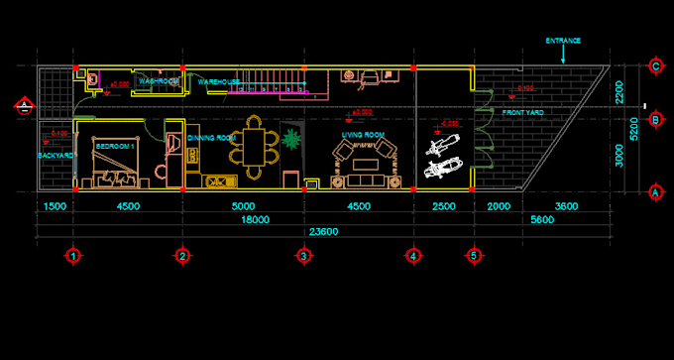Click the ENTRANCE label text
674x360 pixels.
tap(563, 41)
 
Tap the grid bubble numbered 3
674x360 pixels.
tap(303, 255)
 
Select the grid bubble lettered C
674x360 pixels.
tap(655, 66)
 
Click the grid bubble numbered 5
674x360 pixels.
tap(473, 255)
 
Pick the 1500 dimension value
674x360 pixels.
tap(56, 206)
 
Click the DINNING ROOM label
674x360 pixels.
tap(211, 137)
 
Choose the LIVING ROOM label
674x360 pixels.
tap(363, 134)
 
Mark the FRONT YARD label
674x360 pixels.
tap(521, 112)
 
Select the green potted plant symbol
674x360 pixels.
tap(291, 138)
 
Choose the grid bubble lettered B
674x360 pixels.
tap(655, 120)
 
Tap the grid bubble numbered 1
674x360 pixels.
tap(73, 255)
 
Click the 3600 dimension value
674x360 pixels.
tap(565, 206)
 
